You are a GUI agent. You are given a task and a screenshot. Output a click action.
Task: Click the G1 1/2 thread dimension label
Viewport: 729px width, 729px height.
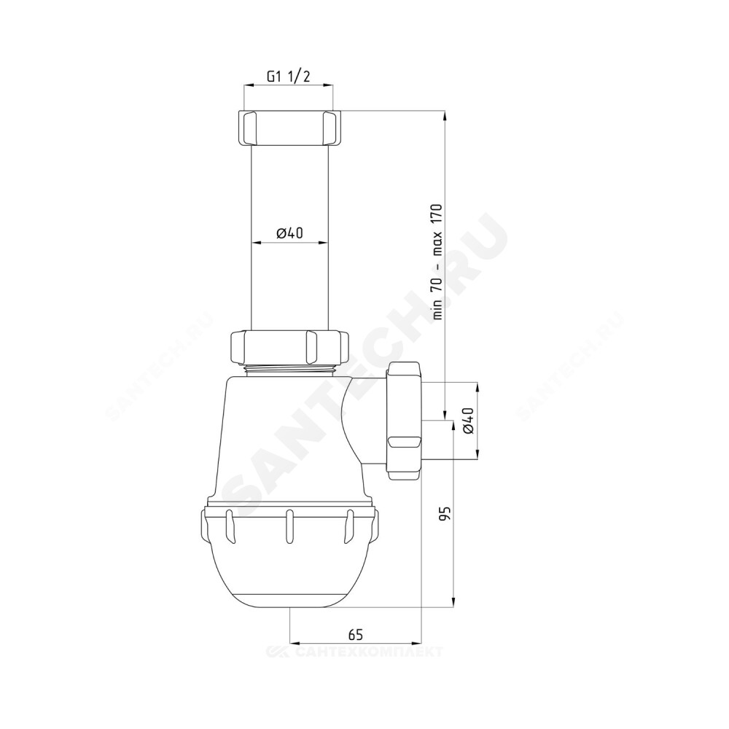point(288,77)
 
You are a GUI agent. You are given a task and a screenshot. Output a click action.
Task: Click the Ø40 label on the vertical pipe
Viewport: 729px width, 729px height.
point(289,233)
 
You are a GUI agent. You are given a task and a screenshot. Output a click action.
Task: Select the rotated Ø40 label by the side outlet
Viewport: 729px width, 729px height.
point(468,421)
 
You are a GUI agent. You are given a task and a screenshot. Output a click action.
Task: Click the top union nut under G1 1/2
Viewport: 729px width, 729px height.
point(289,128)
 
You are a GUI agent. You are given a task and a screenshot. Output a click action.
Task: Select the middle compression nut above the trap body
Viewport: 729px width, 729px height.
point(289,347)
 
